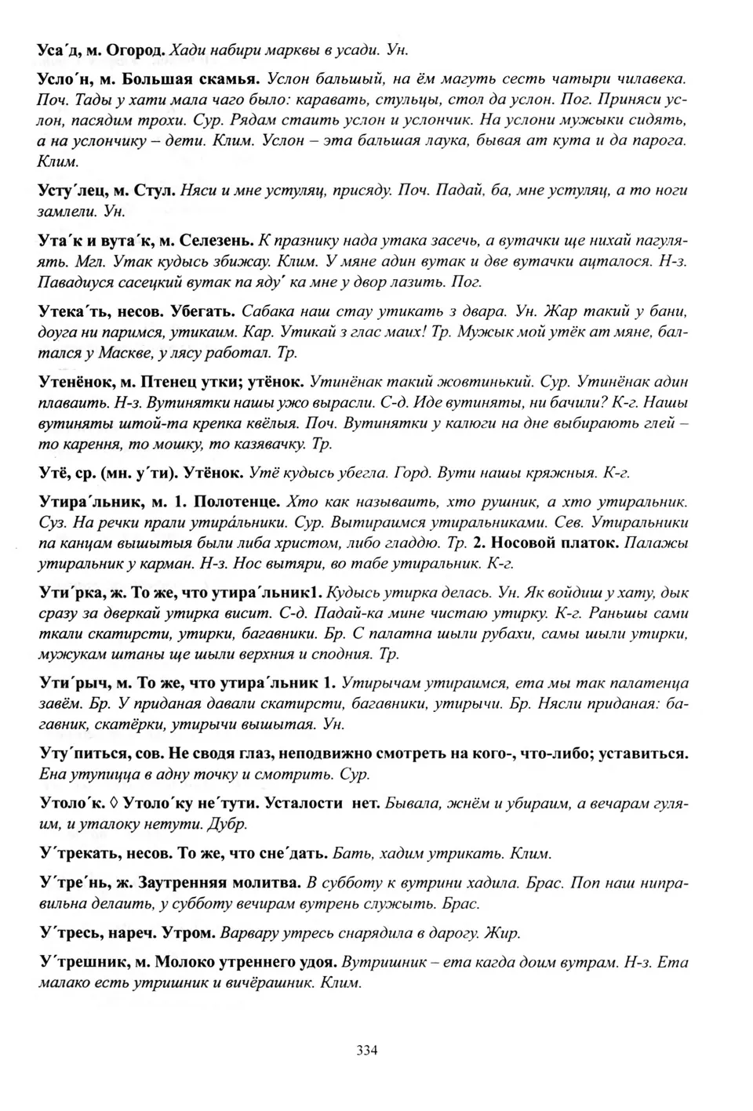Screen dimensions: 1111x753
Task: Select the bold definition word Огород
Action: tap(136, 49)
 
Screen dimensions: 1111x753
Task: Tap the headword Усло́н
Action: tap(61, 78)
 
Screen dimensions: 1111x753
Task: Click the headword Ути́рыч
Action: tap(68, 683)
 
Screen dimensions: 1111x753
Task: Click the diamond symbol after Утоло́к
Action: tap(114, 804)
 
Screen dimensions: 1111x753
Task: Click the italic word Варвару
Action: tap(249, 933)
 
